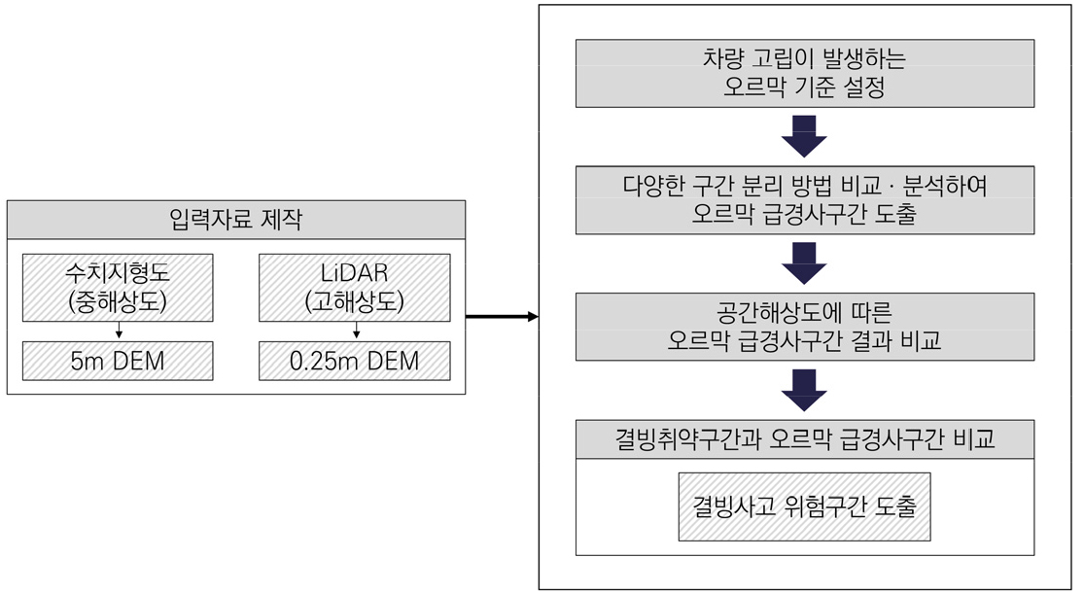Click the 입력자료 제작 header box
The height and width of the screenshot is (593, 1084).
point(236,220)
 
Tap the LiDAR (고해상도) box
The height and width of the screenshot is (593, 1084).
point(354,287)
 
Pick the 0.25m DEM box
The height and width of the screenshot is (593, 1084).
point(354,362)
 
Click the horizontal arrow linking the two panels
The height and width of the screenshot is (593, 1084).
point(501,317)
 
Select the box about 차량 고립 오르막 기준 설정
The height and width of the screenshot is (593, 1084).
point(804,73)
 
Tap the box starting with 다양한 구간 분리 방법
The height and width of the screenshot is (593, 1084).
point(804,199)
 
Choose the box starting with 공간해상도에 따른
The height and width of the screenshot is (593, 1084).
point(804,327)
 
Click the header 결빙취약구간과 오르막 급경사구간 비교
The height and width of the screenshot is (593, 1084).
point(804,439)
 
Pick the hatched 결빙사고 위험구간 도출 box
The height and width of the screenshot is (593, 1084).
point(804,506)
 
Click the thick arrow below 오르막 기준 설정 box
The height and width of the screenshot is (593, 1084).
point(804,136)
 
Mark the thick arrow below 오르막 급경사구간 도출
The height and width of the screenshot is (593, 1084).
point(804,263)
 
